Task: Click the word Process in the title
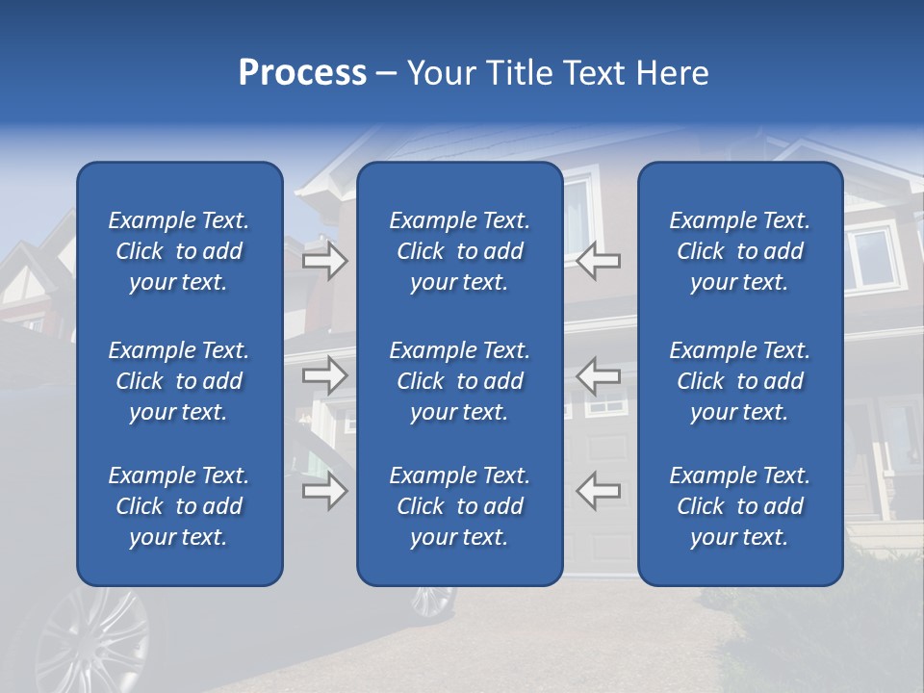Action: [302, 73]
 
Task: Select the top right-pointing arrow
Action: [325, 261]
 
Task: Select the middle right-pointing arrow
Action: [325, 375]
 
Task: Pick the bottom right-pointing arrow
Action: [325, 492]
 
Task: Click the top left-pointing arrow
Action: [598, 261]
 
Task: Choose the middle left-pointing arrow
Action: [598, 375]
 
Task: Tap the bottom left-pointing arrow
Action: [598, 491]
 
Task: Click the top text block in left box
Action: [179, 251]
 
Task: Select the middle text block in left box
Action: [179, 381]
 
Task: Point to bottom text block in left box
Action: [179, 506]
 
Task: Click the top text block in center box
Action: [460, 251]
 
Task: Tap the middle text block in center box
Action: [460, 381]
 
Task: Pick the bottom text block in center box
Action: [460, 506]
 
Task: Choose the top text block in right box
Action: [740, 251]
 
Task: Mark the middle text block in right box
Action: [740, 381]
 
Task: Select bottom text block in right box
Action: [740, 506]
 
